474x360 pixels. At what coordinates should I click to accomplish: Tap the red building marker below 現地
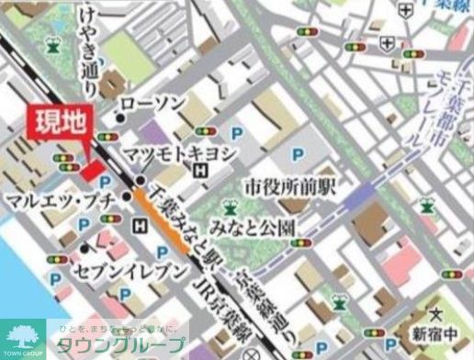[92, 170]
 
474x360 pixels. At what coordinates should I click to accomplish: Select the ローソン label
[153, 104]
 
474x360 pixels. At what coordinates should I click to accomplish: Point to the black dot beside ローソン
[120, 118]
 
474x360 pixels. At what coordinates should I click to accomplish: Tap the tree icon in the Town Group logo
[25, 333]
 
